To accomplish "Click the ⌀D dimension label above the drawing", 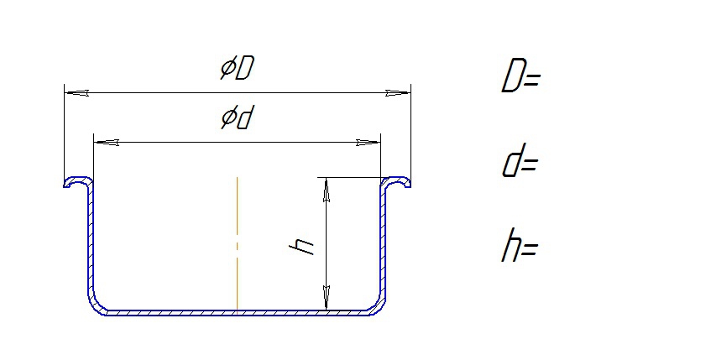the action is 236,69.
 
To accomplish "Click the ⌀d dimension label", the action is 236,118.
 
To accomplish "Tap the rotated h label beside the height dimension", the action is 302,248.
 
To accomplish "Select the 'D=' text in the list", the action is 521,76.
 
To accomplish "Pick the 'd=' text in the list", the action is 520,160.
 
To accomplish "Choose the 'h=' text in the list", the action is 520,245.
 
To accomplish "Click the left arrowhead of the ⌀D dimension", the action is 76,93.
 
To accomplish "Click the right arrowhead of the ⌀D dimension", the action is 399,93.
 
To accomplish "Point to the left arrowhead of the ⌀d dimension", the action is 106,143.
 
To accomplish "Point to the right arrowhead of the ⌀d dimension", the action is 369,143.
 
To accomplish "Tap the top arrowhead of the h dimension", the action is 326,190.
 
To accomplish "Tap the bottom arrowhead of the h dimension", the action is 326,299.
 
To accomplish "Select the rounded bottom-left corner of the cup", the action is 95,305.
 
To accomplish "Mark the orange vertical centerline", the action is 237,245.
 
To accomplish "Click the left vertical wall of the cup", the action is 91,240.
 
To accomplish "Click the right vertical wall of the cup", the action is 384,240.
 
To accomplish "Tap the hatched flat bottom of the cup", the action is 237,313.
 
